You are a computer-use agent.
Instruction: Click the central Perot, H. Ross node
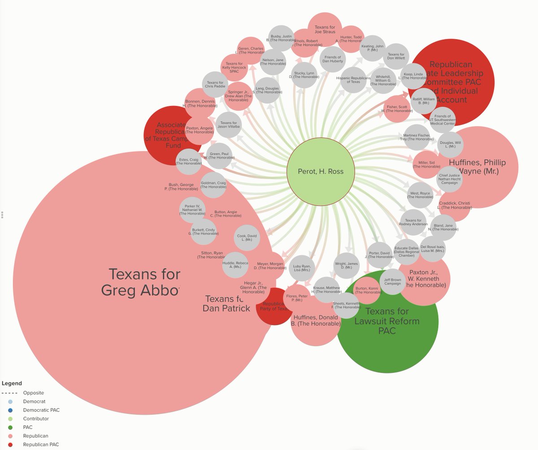tap(321, 172)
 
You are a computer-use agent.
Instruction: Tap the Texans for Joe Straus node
tap(325, 30)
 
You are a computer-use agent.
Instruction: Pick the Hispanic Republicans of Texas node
tap(353, 79)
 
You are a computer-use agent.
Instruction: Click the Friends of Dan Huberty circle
tap(332, 59)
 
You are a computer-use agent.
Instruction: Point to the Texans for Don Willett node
tap(396, 57)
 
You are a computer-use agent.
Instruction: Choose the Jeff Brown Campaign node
tap(392, 282)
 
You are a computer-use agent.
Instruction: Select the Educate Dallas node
tap(406, 251)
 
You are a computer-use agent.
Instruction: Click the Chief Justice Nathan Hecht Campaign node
tap(448, 179)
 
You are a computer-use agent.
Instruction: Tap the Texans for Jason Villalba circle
tap(229, 125)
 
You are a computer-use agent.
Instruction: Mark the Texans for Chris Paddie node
tap(215, 84)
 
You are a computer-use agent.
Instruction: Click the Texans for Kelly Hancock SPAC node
tap(234, 67)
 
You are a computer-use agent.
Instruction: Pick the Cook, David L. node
tap(247, 238)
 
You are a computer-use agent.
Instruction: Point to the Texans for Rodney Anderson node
tap(413, 222)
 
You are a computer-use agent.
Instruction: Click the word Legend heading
tap(12, 384)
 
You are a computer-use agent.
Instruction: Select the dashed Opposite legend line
tap(10, 393)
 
